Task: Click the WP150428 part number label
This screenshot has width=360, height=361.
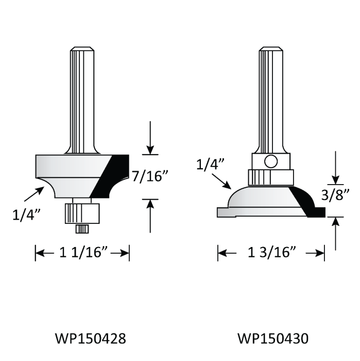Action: click(x=90, y=339)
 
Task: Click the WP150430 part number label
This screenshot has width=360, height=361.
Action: click(x=272, y=339)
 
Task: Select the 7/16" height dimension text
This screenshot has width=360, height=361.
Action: click(x=150, y=177)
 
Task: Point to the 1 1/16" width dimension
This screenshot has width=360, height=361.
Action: click(x=82, y=253)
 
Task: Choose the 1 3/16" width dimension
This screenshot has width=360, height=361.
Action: click(x=271, y=253)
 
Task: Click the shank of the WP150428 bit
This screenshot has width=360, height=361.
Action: click(x=82, y=98)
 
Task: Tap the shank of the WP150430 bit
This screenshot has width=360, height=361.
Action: click(x=271, y=98)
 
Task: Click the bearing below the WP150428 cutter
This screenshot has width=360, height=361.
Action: click(x=82, y=212)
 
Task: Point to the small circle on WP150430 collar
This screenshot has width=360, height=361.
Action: click(x=271, y=161)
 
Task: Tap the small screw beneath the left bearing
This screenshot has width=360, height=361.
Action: click(x=82, y=227)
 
